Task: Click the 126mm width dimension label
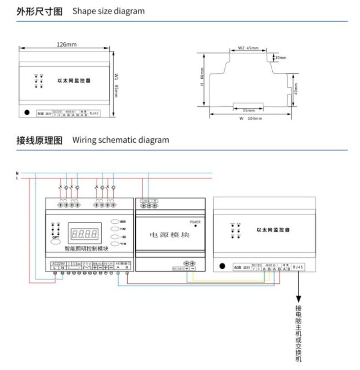tap(67, 45)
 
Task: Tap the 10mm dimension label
tap(280, 58)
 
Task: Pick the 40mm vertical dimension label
tap(296, 90)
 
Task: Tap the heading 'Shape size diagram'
tap(108, 11)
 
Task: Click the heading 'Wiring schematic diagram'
tap(121, 140)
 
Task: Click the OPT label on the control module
tap(55, 237)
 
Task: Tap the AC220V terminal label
tap(58, 263)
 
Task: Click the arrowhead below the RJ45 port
tap(298, 299)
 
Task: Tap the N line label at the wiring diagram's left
tap(17, 173)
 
